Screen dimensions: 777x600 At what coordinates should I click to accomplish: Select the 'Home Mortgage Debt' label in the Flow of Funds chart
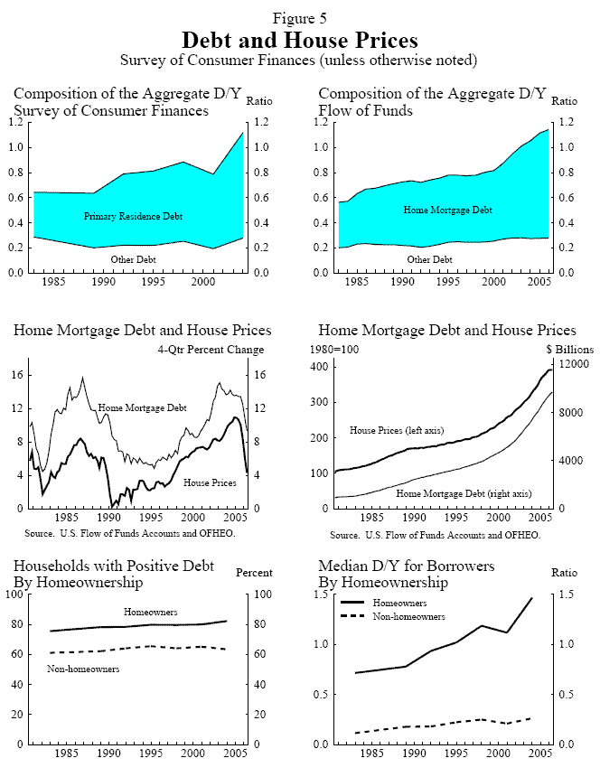[447, 210]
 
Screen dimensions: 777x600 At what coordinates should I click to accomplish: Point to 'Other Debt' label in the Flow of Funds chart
[429, 260]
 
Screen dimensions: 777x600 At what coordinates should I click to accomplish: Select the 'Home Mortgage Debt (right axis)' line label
[464, 495]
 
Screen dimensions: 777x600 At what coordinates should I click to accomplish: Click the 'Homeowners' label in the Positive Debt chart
[149, 612]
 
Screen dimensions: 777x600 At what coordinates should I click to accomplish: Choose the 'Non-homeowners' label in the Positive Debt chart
[83, 669]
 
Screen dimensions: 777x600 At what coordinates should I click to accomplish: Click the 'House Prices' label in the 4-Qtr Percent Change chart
[210, 483]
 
